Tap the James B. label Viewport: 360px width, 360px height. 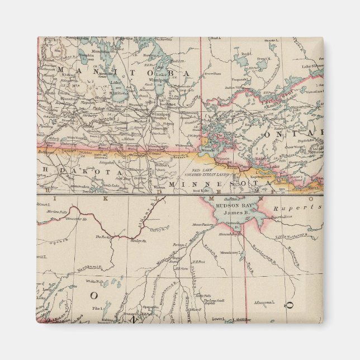(x=231, y=212)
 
